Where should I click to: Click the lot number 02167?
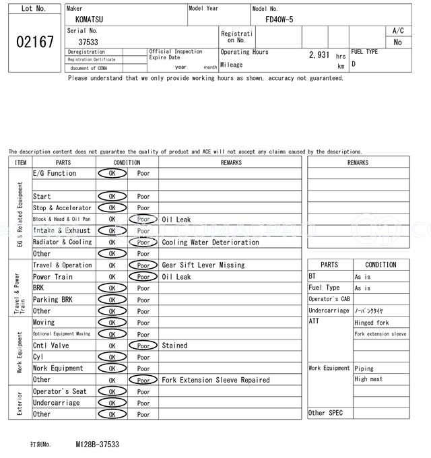(x=34, y=42)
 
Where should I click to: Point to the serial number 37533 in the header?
(x=88, y=42)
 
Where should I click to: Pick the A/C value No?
(x=397, y=42)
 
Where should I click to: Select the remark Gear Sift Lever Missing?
(x=203, y=265)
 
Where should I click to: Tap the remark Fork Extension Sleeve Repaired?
(x=215, y=380)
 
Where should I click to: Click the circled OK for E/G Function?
(x=112, y=174)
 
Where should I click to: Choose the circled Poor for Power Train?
(x=143, y=277)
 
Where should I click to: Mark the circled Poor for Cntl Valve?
(x=143, y=346)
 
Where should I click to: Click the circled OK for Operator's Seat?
(x=112, y=391)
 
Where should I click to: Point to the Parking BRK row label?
(x=53, y=300)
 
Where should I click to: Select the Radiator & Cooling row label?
(x=62, y=242)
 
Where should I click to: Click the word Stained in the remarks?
(x=174, y=346)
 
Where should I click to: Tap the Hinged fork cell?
(x=372, y=323)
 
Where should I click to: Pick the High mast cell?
(x=368, y=379)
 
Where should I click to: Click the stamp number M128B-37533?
(x=98, y=445)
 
